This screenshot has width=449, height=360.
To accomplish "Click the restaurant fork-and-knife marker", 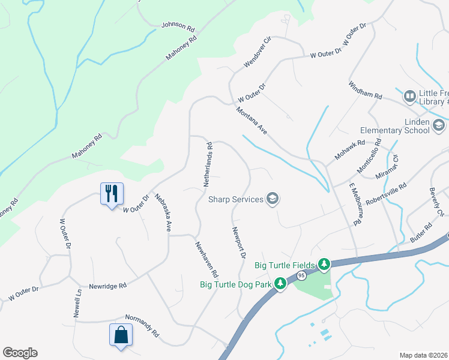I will tap(112, 193).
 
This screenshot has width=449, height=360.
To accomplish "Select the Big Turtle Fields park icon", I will tap(324, 264).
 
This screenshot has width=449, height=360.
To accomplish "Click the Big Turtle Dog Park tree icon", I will tap(280, 283).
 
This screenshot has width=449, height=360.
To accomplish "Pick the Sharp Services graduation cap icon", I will tap(273, 199).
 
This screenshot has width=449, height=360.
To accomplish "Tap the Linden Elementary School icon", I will tap(438, 125).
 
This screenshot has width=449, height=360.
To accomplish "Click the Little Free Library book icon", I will tap(410, 96).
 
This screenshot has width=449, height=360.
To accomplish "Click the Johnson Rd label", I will tap(178, 27).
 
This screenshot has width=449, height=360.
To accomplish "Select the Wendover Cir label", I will tap(258, 51).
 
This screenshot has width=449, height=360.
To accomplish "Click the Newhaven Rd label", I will tap(206, 259).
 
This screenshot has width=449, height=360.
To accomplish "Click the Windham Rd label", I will tap(365, 91).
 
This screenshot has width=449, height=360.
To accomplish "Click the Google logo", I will tap(20, 353).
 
